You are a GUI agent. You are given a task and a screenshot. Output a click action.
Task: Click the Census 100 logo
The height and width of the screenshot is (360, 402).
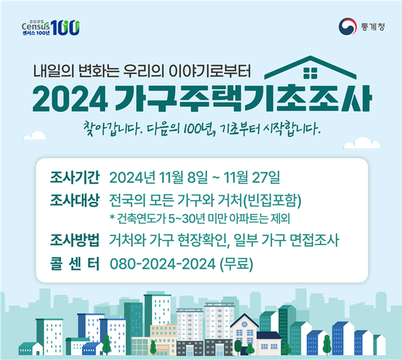[x=51, y=27]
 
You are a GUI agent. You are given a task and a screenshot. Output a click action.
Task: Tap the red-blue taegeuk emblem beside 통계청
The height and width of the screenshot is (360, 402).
[x=347, y=27]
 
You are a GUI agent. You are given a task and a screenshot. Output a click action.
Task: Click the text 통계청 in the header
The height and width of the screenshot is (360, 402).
[x=373, y=27]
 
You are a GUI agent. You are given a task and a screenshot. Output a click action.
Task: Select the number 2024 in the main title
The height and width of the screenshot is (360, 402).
[x=70, y=99]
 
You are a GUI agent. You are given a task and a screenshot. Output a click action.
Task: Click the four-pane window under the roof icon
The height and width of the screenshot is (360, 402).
[x=310, y=73]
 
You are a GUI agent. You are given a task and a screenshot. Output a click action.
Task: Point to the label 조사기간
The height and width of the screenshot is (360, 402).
[x=74, y=177]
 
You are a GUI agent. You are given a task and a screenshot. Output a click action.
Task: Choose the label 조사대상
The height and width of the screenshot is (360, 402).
[x=74, y=200]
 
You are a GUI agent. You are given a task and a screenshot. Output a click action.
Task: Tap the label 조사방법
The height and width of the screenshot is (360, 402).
[x=74, y=240]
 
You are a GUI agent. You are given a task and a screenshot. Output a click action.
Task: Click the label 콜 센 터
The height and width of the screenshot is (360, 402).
[x=74, y=263]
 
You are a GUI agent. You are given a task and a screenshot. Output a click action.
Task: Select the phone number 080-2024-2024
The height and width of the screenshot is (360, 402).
[x=163, y=264]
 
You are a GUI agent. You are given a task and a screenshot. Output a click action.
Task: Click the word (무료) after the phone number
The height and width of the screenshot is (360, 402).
[x=237, y=264]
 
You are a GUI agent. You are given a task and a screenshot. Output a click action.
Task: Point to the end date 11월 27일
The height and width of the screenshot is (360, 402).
[x=252, y=177]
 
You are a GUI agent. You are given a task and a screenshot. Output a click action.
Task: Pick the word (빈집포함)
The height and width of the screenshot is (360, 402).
[x=271, y=200]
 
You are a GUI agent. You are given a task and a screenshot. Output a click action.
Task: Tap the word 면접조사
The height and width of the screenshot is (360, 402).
[x=314, y=240]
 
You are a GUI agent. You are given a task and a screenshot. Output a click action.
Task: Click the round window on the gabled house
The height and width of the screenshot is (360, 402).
[x=245, y=324]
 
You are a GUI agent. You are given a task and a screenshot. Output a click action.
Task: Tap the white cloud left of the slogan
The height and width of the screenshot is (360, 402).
[x=34, y=135]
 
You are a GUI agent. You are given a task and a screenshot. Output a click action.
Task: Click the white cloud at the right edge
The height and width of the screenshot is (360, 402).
[x=362, y=143]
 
